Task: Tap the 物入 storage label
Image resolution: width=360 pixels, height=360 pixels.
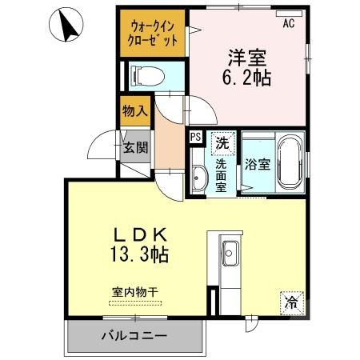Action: click(134, 111)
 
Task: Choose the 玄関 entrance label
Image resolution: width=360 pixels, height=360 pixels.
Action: click(134, 148)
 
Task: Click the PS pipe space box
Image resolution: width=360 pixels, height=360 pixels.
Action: click(195, 137)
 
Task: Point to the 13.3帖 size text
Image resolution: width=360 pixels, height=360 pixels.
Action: click(139, 256)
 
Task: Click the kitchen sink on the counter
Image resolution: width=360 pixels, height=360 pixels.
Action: click(230, 248)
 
